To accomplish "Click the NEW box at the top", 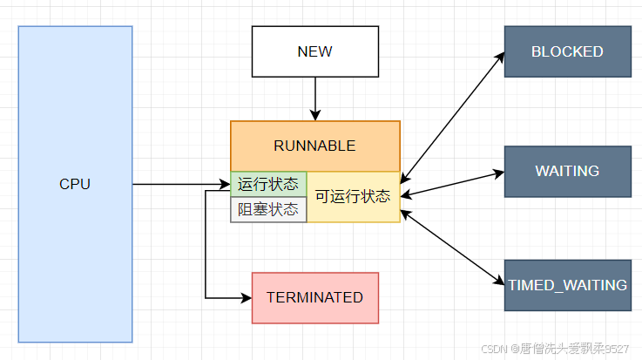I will (314, 51).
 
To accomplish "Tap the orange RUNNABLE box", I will (314, 146).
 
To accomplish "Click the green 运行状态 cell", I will (268, 184).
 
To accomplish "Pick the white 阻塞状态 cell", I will (268, 210).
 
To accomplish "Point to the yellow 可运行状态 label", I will (352, 197).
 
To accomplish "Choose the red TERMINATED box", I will (314, 297).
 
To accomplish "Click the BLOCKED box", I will (567, 51).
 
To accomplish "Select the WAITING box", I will (567, 171).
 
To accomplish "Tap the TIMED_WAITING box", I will (567, 285).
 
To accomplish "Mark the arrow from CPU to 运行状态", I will (179, 184).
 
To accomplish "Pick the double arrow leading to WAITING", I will (452, 183).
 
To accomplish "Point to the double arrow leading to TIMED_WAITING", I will (452, 248).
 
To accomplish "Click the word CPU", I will (75, 184).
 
